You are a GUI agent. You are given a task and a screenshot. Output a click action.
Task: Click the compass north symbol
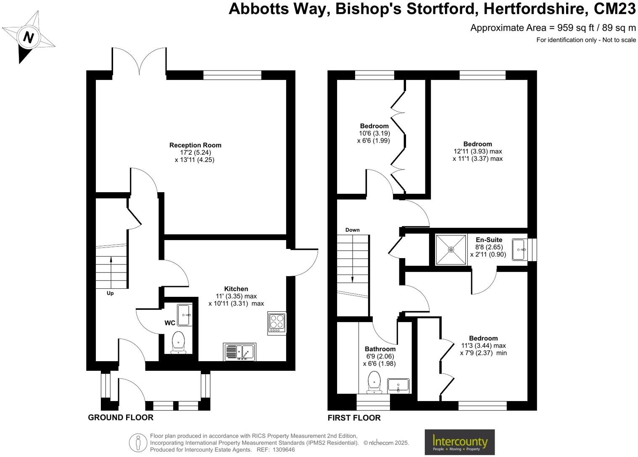(x=28, y=37)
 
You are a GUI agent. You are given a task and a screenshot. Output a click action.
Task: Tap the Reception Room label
(x=195, y=145)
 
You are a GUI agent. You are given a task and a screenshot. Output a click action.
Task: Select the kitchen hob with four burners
(x=277, y=323)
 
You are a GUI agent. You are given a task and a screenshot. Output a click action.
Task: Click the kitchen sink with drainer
(x=239, y=352)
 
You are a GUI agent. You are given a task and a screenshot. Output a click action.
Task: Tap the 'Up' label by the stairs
(x=110, y=293)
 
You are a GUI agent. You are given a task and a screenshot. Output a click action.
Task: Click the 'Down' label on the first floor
(x=352, y=230)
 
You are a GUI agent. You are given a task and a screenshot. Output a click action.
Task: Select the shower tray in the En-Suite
(x=451, y=250)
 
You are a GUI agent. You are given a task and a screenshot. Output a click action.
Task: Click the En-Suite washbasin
(x=519, y=250)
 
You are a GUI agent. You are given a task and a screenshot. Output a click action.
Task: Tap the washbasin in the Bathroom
(x=398, y=386)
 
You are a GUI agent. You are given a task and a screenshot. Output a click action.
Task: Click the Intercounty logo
(x=459, y=442)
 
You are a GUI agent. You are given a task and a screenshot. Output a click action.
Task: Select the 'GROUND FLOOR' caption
(x=121, y=417)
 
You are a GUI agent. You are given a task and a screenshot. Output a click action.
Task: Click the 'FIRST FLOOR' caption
(x=354, y=418)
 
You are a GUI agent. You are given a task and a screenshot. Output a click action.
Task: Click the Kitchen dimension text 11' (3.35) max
(x=236, y=296)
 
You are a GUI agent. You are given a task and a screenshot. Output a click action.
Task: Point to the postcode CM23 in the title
(x=614, y=8)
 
